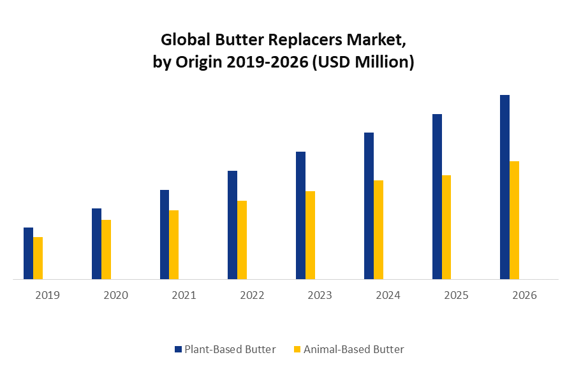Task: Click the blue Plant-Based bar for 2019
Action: (x=28, y=253)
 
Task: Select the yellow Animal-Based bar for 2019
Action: (x=38, y=258)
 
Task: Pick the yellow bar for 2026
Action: (x=514, y=220)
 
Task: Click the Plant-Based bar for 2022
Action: (x=232, y=225)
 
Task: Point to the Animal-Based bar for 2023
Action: (x=310, y=235)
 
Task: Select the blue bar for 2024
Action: (x=369, y=206)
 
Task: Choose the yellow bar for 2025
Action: (x=446, y=227)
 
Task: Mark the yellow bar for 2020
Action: (x=106, y=249)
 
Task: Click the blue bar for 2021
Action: (x=165, y=235)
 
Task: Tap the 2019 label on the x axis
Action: (x=47, y=296)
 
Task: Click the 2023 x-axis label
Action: (x=320, y=296)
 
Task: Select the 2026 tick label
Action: (x=524, y=296)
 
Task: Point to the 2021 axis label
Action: (x=184, y=296)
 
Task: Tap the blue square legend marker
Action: (x=178, y=349)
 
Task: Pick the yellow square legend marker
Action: (x=297, y=349)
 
